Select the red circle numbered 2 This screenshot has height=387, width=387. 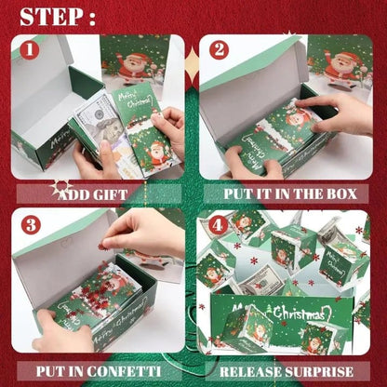click(219, 50)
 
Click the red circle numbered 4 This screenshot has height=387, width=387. click(218, 224)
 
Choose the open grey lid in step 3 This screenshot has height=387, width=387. click(56, 251)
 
